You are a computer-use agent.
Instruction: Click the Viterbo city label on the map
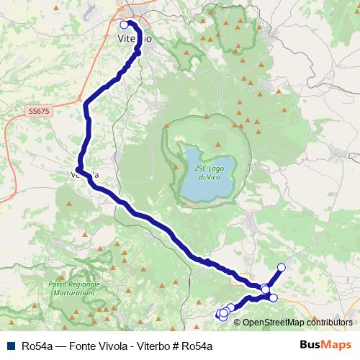tap(134, 39)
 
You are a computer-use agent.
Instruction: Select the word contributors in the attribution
tap(328, 323)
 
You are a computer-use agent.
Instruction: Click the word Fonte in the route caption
tap(78, 346)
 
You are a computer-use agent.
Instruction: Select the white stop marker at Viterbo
tap(125, 24)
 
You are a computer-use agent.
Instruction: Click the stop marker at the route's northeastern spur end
tap(282, 268)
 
